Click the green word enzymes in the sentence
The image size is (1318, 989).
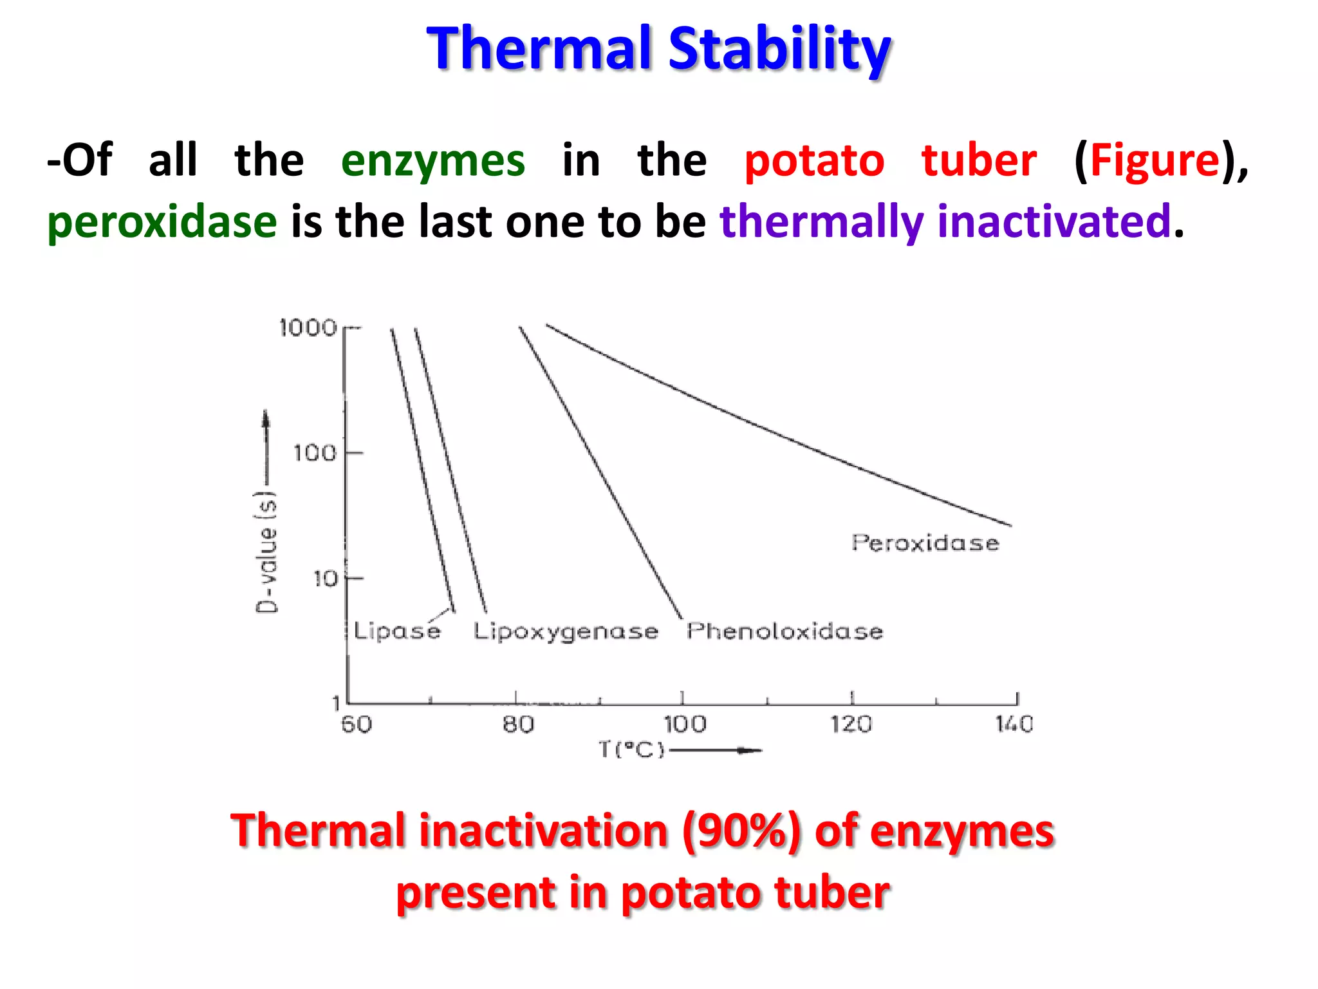click(x=432, y=161)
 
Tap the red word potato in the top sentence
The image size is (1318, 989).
click(x=814, y=161)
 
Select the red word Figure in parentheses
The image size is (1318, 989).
click(x=1155, y=161)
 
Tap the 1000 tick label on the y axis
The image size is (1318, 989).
click(x=308, y=328)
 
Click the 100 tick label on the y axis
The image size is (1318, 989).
click(x=315, y=453)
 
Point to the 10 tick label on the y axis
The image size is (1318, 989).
click(x=325, y=578)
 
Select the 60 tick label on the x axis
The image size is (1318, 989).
click(x=357, y=724)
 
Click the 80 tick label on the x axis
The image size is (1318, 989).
click(x=519, y=724)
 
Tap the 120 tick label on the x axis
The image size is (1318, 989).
click(x=851, y=724)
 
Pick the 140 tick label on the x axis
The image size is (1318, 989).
click(x=1014, y=724)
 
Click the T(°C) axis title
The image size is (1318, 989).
click(x=631, y=750)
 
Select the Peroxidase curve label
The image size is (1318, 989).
click(x=925, y=543)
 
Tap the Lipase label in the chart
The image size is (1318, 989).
click(x=397, y=631)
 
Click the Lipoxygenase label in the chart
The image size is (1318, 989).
click(x=566, y=632)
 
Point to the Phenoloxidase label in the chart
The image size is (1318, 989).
click(x=784, y=631)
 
